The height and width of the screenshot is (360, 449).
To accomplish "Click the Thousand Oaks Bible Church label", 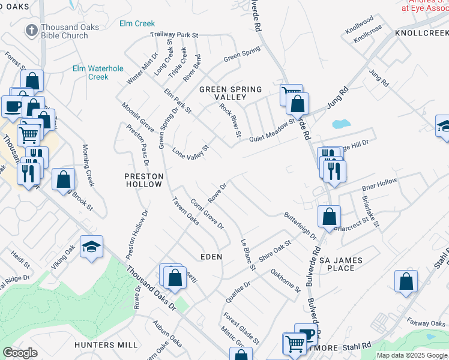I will pyautogui.click(x=64, y=32).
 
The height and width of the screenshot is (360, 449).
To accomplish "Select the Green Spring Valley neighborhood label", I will pyautogui.click(x=231, y=93).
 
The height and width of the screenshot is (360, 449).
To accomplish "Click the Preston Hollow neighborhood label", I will pyautogui.click(x=143, y=180).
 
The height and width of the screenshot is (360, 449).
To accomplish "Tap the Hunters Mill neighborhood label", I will pyautogui.click(x=106, y=345).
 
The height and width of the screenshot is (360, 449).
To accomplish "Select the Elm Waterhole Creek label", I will pyautogui.click(x=90, y=73).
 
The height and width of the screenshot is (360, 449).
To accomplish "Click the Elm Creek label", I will pyautogui.click(x=137, y=24).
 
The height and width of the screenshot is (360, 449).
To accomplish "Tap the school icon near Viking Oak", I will pyautogui.click(x=91, y=247).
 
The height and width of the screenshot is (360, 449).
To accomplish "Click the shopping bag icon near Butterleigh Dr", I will pyautogui.click(x=329, y=216).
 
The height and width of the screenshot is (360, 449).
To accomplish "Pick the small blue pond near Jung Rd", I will pyautogui.click(x=340, y=125).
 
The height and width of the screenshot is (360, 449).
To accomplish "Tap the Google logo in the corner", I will pyautogui.click(x=20, y=353).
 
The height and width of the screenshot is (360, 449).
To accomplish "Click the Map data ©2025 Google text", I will pyautogui.click(x=412, y=355).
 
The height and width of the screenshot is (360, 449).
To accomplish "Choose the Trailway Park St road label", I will pyautogui.click(x=174, y=35).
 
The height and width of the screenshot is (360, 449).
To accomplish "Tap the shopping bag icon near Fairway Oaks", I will pyautogui.click(x=406, y=281).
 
